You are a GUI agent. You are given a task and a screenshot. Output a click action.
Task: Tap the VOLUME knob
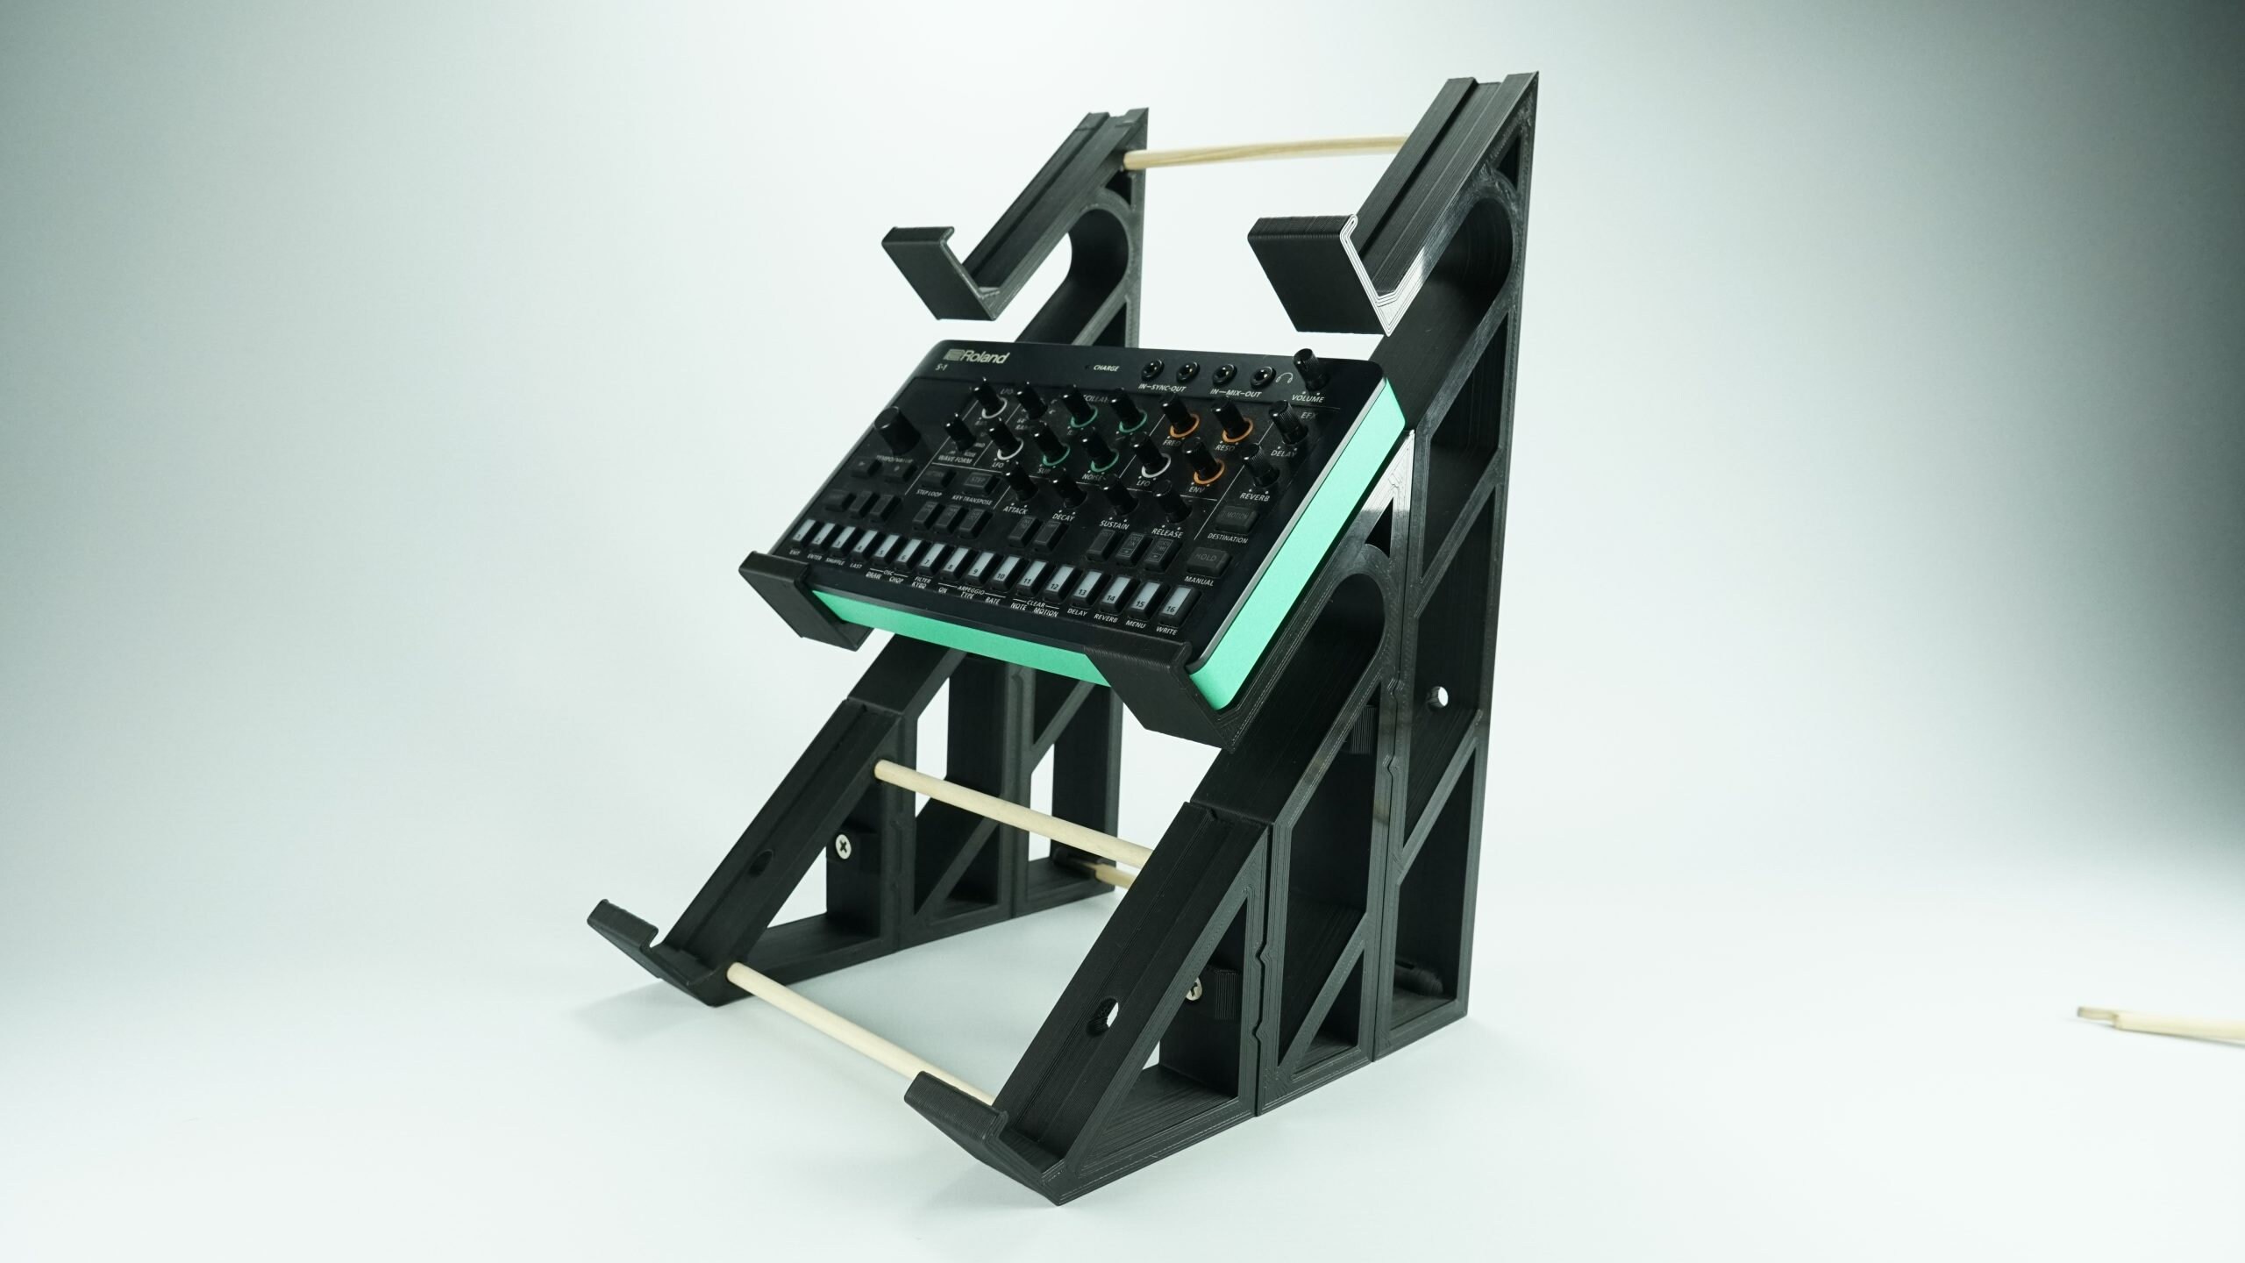[x=1313, y=369]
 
